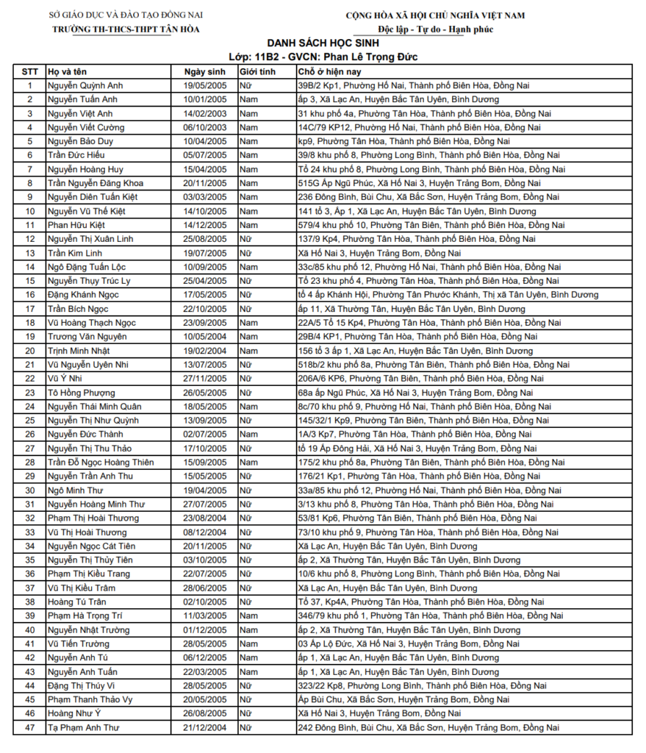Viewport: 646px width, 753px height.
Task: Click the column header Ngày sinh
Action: coord(204,71)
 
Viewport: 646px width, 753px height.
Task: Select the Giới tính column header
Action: coord(257,71)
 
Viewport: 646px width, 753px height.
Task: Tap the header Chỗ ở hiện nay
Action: coord(329,71)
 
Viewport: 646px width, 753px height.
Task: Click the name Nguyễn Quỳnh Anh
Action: coord(85,85)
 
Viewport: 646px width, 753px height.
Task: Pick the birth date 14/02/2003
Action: coord(205,113)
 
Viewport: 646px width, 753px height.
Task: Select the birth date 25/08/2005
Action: coord(205,239)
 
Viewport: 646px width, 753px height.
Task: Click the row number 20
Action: coord(30,351)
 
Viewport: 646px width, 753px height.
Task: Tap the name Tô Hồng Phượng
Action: coord(81,393)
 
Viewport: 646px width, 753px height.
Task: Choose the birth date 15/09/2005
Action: coord(205,463)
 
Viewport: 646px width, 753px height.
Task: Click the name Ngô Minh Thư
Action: coord(75,490)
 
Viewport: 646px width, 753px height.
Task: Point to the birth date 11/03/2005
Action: coord(205,616)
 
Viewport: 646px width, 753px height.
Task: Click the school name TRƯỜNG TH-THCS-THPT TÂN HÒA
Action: coord(126,29)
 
